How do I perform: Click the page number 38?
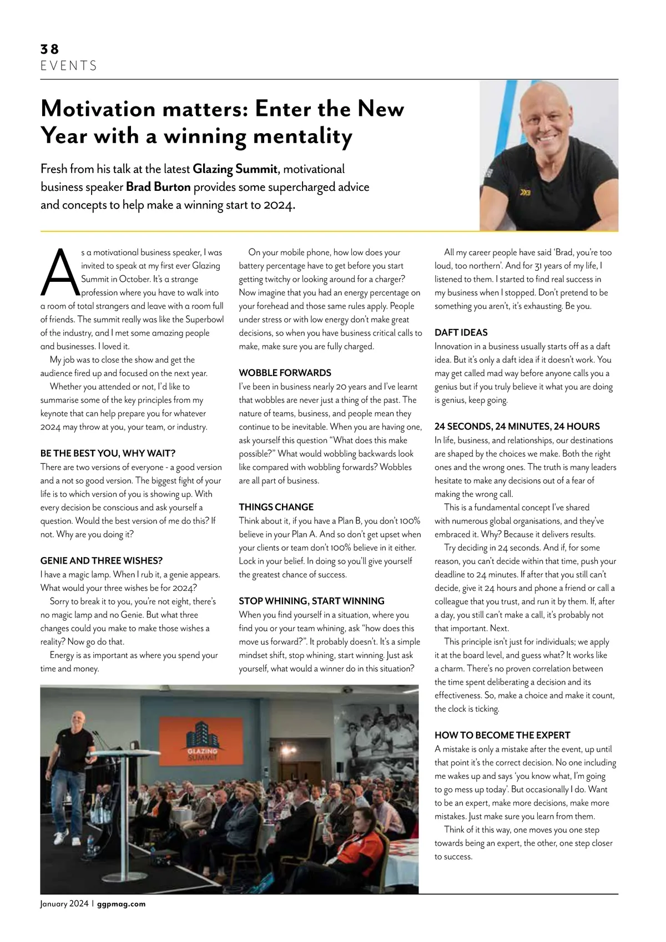[x=49, y=49]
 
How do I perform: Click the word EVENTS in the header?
[x=69, y=66]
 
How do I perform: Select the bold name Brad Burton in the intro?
[x=158, y=187]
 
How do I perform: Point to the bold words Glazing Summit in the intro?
[x=235, y=169]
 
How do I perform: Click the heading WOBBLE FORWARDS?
[x=285, y=373]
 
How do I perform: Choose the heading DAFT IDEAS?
[x=461, y=332]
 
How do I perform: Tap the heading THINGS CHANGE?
[x=276, y=507]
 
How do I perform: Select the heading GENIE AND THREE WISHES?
[x=102, y=561]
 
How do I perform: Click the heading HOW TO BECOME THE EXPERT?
[x=502, y=735]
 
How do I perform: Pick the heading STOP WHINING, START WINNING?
[x=311, y=601]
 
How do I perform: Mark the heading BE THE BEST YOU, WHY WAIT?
[x=108, y=453]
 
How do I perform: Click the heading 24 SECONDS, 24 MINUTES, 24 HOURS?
[x=517, y=427]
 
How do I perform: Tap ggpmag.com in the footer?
[x=121, y=904]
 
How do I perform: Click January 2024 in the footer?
[x=64, y=904]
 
